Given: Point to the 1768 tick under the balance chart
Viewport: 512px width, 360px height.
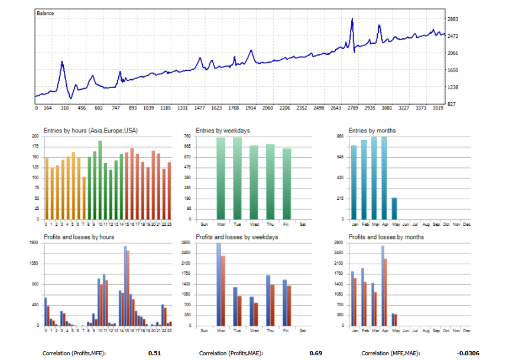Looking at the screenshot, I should coord(234,108).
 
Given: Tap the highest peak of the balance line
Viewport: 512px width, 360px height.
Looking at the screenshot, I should coord(352,19).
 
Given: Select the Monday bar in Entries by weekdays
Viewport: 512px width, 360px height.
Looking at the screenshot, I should coord(221,178).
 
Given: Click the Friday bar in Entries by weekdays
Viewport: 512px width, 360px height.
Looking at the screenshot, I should coord(287,183).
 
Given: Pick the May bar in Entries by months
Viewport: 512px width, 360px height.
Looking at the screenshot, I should coord(394,208).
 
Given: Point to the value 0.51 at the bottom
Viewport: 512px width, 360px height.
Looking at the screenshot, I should coord(154,353).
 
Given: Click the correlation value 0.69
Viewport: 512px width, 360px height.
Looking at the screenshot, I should coord(315,353).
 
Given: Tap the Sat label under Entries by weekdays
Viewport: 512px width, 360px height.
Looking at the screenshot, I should coord(303,225).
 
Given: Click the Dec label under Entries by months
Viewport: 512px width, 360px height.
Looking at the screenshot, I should coord(466,225).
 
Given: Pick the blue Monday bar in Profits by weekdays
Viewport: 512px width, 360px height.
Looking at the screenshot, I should coord(219,284).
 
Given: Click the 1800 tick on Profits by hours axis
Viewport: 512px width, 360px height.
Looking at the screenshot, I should coord(35,242).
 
